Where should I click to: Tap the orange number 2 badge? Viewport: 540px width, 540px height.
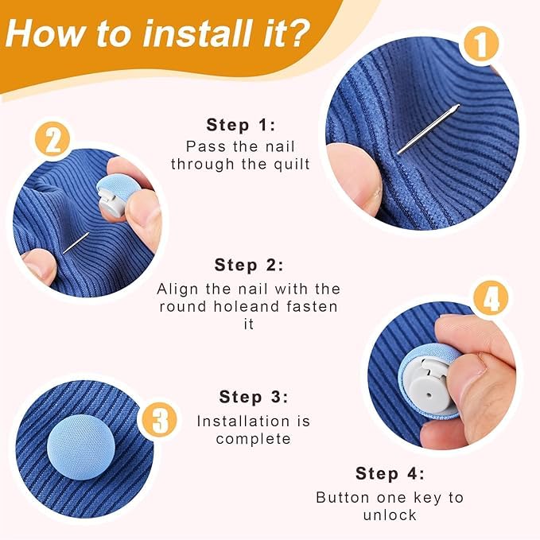[x=52, y=142]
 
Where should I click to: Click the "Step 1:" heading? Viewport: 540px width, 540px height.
[x=241, y=125]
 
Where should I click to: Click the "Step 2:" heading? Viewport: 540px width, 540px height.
[x=249, y=265]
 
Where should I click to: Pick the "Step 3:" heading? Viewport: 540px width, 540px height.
[x=254, y=397]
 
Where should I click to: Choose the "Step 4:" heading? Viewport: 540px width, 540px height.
[x=390, y=473]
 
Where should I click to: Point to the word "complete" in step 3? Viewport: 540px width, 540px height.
[x=254, y=439]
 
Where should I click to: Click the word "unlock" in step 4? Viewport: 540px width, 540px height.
[x=390, y=515]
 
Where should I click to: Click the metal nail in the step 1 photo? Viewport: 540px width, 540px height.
[x=428, y=129]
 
